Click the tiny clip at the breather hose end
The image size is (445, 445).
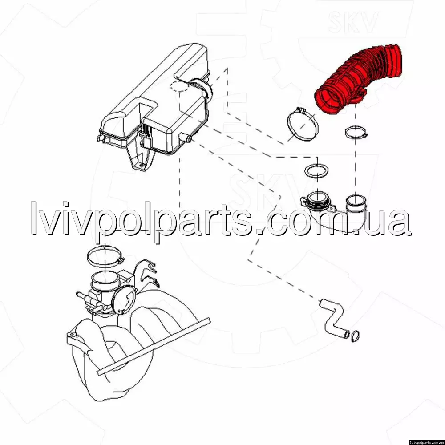[x=355, y=336]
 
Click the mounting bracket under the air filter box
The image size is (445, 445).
[x=141, y=159]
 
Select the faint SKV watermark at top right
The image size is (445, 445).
[x=354, y=22]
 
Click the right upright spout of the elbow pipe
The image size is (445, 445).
[x=356, y=205]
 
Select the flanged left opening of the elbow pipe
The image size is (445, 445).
[x=316, y=200]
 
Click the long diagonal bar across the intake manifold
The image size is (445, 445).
[x=154, y=346]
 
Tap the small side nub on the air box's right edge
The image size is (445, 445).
[x=188, y=138]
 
